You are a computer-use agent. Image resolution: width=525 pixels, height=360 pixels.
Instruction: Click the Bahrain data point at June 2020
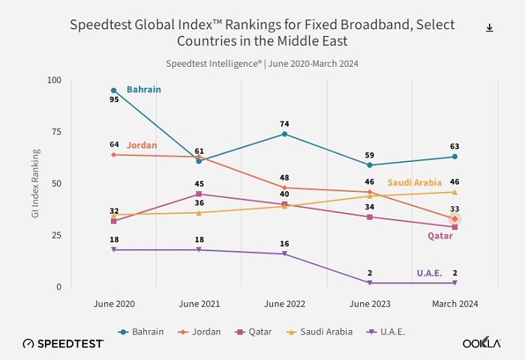114,91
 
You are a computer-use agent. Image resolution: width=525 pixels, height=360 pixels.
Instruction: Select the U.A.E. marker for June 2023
370,283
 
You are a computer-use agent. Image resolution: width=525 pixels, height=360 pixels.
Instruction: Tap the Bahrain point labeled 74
284,134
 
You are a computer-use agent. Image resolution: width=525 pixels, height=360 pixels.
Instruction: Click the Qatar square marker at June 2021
199,194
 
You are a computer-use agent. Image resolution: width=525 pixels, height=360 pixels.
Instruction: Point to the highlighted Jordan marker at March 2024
454,219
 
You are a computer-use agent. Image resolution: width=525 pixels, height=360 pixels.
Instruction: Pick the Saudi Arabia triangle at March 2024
454,192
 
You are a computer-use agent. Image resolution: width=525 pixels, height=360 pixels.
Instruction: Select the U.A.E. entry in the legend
389,331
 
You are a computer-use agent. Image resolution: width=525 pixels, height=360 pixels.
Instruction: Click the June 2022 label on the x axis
284,304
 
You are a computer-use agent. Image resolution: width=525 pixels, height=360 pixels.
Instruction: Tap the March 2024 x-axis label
454,304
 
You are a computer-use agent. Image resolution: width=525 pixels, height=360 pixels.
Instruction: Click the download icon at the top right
490,28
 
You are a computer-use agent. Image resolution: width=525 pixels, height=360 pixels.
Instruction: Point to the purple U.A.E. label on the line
430,273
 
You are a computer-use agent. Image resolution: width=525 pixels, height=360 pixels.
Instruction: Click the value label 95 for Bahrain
114,100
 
